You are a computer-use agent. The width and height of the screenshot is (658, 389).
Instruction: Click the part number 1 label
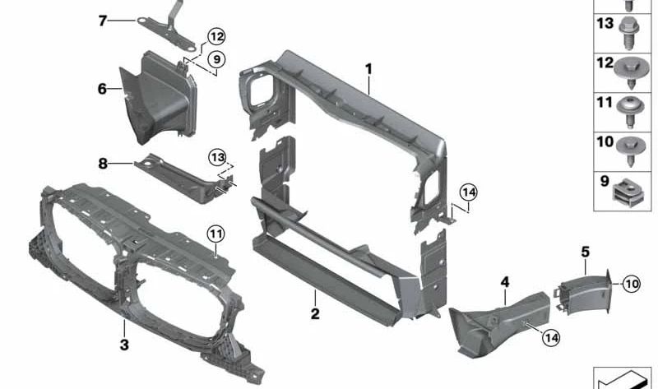coord(369,69)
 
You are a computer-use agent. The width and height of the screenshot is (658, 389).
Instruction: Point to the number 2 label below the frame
coord(314,313)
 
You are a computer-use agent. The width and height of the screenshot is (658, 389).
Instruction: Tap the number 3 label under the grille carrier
coord(123,345)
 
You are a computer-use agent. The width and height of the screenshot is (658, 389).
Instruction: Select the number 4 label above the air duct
coord(505,283)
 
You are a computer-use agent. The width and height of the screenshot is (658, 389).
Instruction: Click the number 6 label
coord(103,88)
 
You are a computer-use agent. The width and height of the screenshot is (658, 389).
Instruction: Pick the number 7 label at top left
coord(103,20)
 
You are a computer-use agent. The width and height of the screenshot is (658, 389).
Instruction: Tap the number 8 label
coord(103,164)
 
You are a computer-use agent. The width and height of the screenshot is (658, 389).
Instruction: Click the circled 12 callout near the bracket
coord(215,37)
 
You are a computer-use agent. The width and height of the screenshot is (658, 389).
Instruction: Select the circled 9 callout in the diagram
coord(215,58)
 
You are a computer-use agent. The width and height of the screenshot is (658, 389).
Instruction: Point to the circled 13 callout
coord(216,155)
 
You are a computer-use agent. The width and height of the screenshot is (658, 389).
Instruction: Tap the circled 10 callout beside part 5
coord(630,284)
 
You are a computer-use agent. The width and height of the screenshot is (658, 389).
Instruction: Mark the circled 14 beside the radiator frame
coord(468,192)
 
